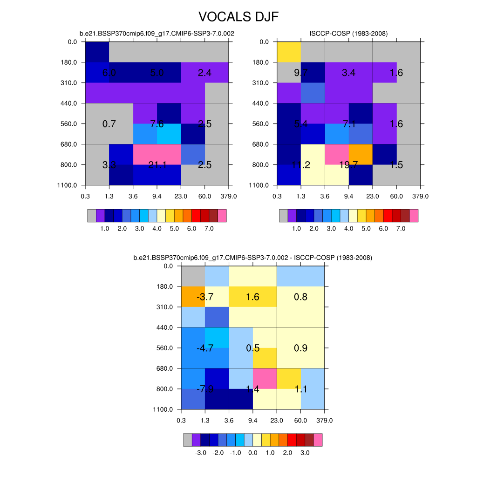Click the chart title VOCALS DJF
click(x=238, y=17)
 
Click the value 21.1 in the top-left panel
click(x=157, y=165)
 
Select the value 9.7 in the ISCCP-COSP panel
click(x=300, y=73)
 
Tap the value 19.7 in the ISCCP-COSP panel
click(x=348, y=165)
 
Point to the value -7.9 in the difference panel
click(x=205, y=389)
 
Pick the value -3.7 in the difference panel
click(x=205, y=297)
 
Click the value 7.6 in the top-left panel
click(x=157, y=124)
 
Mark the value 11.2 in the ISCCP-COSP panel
click(x=300, y=165)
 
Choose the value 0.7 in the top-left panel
click(x=109, y=124)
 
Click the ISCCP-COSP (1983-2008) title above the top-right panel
click(x=348, y=33)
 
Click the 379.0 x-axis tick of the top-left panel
click(x=229, y=196)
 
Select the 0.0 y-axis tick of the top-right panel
click(x=264, y=42)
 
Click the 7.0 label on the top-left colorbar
click(x=209, y=229)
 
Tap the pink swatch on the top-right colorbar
click(x=414, y=216)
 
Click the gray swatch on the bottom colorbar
click(x=187, y=440)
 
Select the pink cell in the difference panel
click(x=265, y=378)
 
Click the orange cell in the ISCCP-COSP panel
click(x=361, y=155)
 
